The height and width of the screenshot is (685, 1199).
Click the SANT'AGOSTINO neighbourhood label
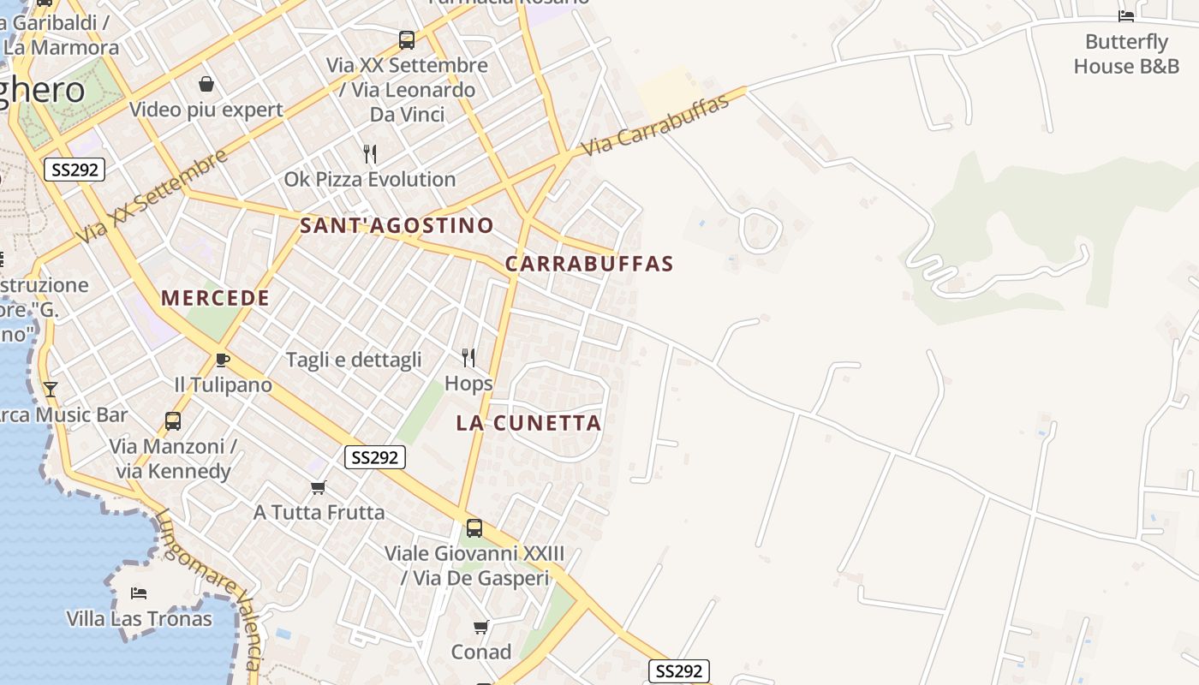click(397, 226)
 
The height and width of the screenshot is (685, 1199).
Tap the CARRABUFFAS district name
click(589, 264)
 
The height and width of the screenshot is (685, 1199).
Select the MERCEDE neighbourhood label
click(216, 298)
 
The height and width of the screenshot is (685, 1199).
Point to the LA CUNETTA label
click(528, 423)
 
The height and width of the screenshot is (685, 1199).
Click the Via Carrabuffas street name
click(655, 125)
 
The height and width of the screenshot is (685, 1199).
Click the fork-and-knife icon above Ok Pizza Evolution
click(370, 154)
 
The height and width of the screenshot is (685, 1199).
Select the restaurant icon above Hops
click(468, 357)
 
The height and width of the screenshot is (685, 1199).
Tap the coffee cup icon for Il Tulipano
click(223, 360)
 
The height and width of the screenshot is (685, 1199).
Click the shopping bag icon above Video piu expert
click(206, 84)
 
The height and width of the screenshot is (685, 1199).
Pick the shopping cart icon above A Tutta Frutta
click(319, 487)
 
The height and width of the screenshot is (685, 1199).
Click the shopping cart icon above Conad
click(481, 627)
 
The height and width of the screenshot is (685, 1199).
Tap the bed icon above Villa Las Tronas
click(139, 593)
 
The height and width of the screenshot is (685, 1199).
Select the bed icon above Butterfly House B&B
click(1126, 15)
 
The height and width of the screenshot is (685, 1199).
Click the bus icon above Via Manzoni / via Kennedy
click(173, 421)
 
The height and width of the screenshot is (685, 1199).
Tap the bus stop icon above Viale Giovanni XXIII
click(474, 528)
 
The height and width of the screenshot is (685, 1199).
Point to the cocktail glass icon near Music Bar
click(51, 390)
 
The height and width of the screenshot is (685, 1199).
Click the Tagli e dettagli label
click(354, 360)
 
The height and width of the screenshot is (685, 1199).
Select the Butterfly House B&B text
click(1126, 54)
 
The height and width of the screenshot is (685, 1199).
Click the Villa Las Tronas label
click(140, 619)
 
